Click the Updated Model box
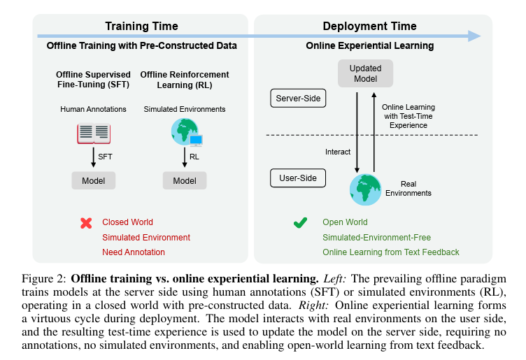click(365, 73)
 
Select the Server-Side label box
click(298, 98)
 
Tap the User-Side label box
click(298, 178)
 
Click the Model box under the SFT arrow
click(94, 180)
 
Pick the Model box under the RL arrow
click(185, 180)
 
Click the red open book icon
click(94, 134)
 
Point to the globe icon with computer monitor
click(187, 132)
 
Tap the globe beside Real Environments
click(365, 189)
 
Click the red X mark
click(86, 223)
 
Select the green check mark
click(300, 222)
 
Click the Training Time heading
click(141, 26)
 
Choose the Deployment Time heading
click(370, 26)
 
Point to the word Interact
click(338, 152)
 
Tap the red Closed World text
click(127, 222)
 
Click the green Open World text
click(345, 222)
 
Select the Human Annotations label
click(93, 109)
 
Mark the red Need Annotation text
click(134, 252)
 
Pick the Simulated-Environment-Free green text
click(377, 237)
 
